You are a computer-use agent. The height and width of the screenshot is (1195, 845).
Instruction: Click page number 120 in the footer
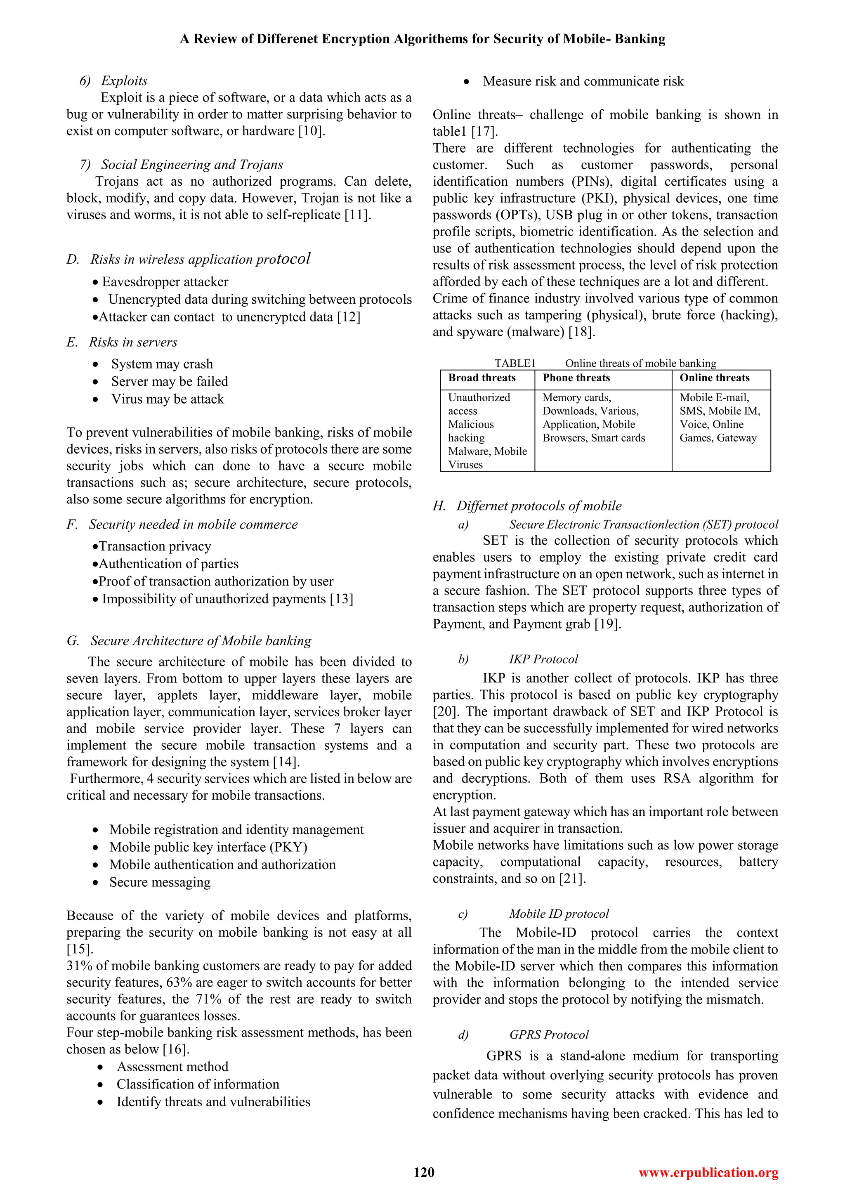pos(424,1172)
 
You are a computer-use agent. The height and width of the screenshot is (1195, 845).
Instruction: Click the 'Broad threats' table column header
pos(482,378)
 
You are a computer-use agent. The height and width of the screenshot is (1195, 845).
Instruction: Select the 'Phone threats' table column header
pos(576,378)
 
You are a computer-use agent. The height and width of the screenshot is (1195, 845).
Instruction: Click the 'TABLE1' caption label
pos(515,363)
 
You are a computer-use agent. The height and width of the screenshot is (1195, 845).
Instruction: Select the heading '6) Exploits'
pos(114,81)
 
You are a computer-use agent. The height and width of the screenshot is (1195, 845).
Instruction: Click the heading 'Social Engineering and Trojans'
pos(191,165)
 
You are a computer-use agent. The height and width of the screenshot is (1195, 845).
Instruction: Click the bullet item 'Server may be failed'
pos(169,382)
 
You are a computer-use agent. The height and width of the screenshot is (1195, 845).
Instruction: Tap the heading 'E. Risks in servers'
pos(122,342)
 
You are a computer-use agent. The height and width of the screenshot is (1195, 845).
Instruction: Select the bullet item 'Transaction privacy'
pos(155,546)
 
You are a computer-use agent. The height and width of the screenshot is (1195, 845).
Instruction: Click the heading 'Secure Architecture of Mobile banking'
pos(201,641)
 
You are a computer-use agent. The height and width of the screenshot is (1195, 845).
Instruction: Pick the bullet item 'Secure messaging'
pos(159,882)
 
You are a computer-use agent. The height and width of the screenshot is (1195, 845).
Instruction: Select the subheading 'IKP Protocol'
pos(543,659)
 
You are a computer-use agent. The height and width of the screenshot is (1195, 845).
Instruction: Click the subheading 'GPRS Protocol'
pos(549,1035)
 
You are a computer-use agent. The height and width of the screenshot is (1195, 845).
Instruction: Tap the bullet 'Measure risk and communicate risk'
pos(583,81)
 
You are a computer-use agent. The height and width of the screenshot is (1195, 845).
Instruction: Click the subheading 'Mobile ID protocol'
pos(558,914)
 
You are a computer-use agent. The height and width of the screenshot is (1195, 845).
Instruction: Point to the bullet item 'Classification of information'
pos(198,1084)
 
